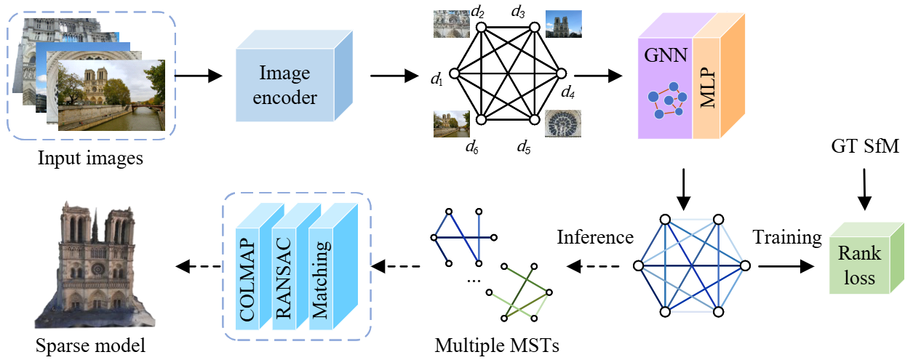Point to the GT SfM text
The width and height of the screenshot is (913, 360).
point(864,148)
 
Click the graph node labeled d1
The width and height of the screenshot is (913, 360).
point(455,73)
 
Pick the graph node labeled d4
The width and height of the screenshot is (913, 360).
point(561,73)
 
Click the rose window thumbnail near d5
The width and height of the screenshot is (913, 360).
point(562,124)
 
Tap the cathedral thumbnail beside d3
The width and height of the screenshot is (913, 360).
point(563,23)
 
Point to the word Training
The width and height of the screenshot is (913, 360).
point(787,237)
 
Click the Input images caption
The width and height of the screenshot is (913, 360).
point(92,157)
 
